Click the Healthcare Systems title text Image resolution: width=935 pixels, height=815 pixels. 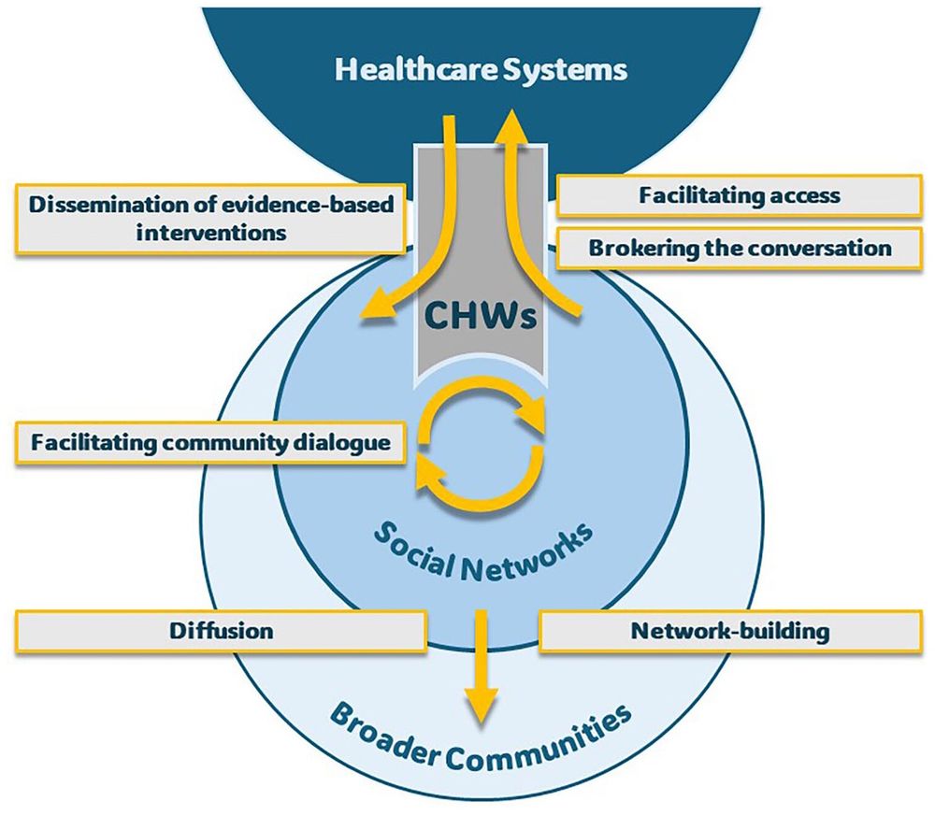tap(482, 70)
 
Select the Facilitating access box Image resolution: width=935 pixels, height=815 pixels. tap(739, 196)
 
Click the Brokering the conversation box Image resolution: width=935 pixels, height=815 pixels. tap(739, 249)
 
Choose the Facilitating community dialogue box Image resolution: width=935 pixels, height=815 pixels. tap(210, 441)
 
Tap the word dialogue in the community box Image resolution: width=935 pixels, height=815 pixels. tap(341, 441)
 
